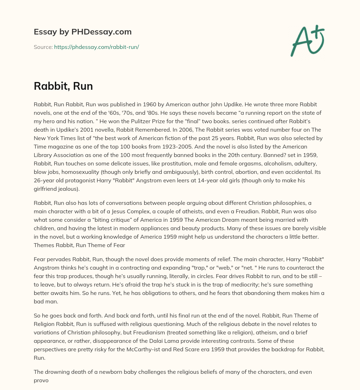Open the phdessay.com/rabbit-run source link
click(96, 47)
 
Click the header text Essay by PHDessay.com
click(83, 32)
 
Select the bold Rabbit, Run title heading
click(63, 86)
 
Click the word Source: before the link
click(43, 47)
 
